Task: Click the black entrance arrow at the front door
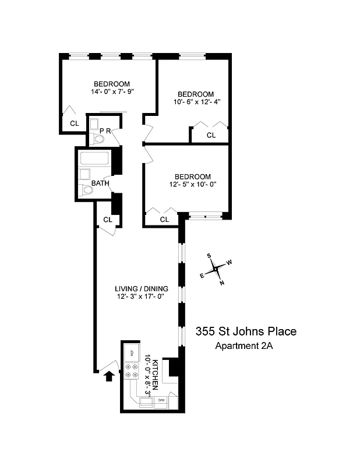tap(108, 377)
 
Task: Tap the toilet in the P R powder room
tap(97, 139)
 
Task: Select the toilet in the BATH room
tap(86, 189)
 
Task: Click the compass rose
tap(216, 269)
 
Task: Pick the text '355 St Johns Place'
tap(246, 332)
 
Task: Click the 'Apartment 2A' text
tap(244, 345)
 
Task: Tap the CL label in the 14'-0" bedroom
tap(75, 123)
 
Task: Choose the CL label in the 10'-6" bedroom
tap(211, 135)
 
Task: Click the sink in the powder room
tap(94, 123)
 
